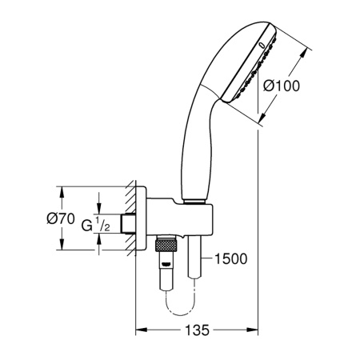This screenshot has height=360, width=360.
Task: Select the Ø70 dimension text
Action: coord(62,218)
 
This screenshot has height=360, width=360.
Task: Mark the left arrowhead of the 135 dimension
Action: coord(138,329)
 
